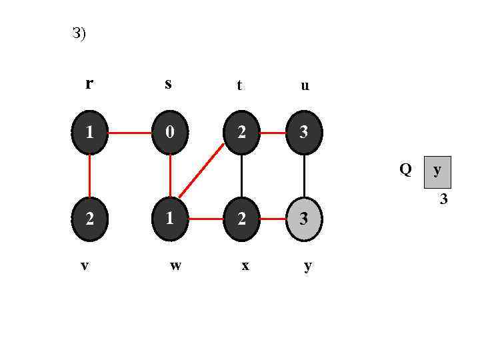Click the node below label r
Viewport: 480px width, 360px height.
click(x=89, y=133)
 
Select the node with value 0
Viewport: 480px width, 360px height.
click(x=170, y=133)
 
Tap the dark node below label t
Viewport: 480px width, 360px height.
click(x=241, y=133)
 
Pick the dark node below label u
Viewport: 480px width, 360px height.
click(x=304, y=133)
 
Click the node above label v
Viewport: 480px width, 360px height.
click(x=89, y=219)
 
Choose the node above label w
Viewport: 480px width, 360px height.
click(x=170, y=219)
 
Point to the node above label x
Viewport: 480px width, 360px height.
click(x=241, y=219)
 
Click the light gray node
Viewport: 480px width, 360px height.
click(x=304, y=219)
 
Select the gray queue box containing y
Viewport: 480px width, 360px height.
click(x=437, y=171)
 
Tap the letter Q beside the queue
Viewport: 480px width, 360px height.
click(x=405, y=169)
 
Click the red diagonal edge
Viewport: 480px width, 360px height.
click(x=201, y=170)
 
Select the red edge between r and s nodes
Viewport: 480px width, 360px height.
click(x=129, y=133)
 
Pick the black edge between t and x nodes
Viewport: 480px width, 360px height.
click(x=241, y=175)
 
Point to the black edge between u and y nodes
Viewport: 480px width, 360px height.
click(x=304, y=175)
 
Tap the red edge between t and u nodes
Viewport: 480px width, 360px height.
click(x=273, y=133)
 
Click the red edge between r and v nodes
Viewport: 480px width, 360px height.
click(x=89, y=175)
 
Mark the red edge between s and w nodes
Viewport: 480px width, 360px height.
click(x=170, y=175)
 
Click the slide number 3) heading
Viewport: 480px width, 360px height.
click(x=79, y=33)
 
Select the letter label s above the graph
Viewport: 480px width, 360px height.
click(x=168, y=83)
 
